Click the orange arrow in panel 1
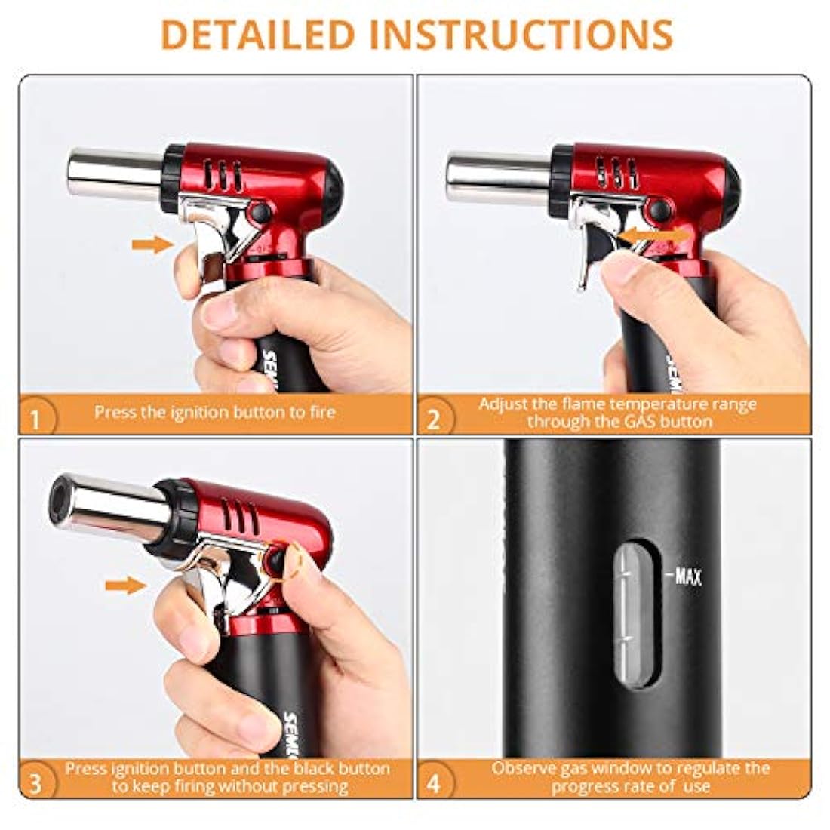152,244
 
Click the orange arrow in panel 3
126,586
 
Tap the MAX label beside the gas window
687,576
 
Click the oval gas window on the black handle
638,614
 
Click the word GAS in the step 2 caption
641,421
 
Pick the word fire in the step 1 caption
322,412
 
